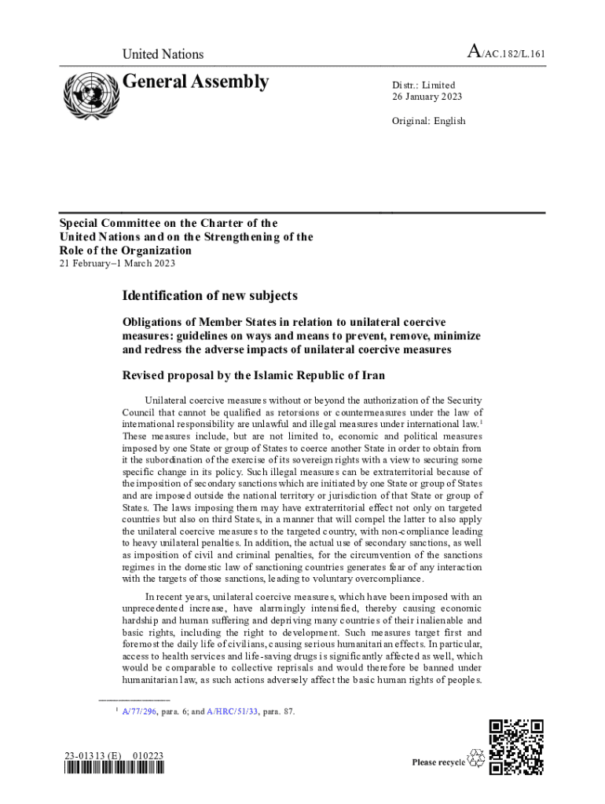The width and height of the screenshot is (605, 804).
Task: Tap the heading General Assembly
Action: click(x=196, y=82)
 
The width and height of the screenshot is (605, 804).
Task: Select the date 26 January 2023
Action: click(x=427, y=97)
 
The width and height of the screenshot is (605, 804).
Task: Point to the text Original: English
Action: click(x=429, y=121)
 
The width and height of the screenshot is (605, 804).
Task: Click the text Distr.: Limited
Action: click(x=423, y=85)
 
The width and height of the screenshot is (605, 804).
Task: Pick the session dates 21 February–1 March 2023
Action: click(x=118, y=263)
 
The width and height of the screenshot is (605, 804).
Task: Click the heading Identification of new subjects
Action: click(x=210, y=296)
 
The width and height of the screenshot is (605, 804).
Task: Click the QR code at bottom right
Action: click(x=516, y=747)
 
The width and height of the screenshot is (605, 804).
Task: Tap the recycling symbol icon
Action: click(x=476, y=758)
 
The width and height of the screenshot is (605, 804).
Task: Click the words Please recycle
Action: click(x=438, y=762)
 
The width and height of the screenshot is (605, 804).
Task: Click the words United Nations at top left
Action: click(x=163, y=54)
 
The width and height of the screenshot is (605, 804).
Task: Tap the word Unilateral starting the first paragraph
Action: click(x=169, y=400)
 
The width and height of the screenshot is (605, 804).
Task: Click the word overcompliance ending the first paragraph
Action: click(x=385, y=579)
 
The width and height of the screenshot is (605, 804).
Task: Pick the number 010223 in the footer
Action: click(x=148, y=756)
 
